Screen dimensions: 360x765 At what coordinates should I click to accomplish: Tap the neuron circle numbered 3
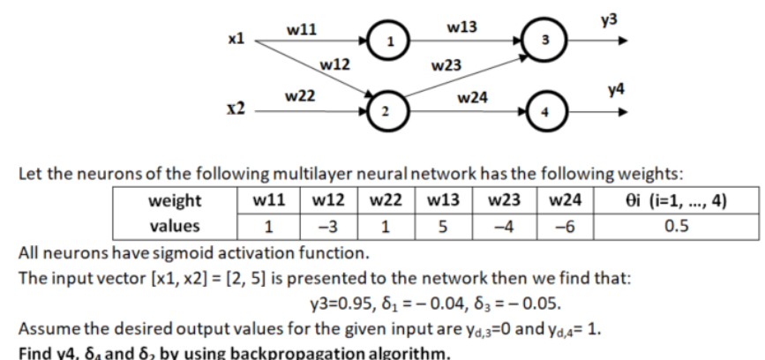tap(544, 41)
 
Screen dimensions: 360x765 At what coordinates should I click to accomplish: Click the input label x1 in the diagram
tap(236, 40)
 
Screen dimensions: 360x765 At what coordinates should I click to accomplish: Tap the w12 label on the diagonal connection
tap(335, 64)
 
